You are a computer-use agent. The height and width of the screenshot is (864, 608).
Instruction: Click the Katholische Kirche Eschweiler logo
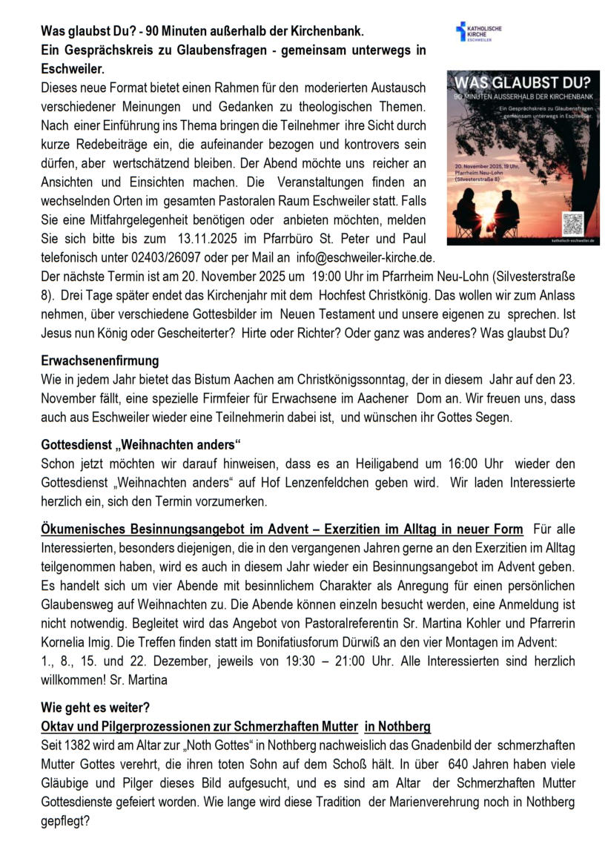click(478, 31)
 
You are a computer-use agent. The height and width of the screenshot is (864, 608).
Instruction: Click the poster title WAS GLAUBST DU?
click(523, 82)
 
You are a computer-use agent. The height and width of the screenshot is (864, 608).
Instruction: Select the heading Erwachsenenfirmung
click(99, 361)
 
